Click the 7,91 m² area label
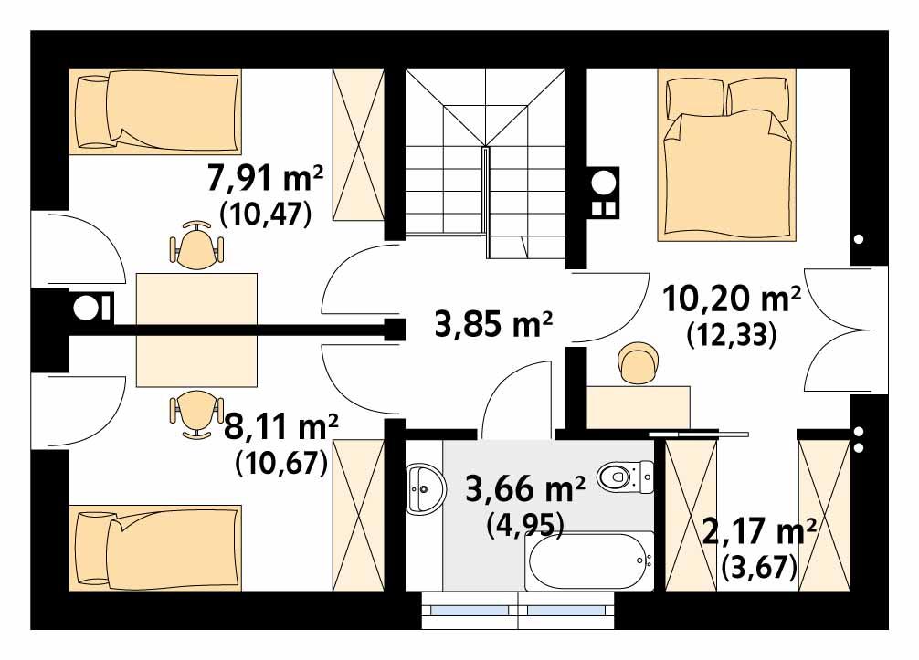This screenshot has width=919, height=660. pos(266,178)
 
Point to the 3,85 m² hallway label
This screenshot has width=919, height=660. pos(494,324)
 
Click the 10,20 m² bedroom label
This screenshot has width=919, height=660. pos(730,299)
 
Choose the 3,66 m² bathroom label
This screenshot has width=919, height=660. pos(525,489)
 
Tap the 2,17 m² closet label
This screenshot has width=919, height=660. pos(758,529)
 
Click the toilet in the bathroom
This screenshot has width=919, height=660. pos(626,475)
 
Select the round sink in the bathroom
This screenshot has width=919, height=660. pos(425,487)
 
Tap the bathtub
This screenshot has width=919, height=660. pos(588,560)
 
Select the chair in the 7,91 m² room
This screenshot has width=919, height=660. pos(195,246)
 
